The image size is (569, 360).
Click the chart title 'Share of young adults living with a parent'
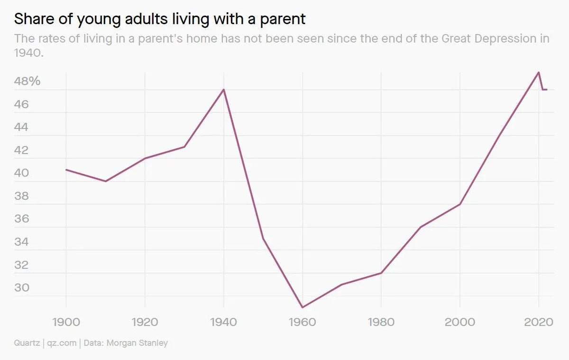160,19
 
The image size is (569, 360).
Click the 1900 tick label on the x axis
66,322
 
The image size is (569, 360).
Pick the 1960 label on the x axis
302,322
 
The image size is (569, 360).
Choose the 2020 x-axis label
539,322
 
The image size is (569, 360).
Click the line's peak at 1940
224,89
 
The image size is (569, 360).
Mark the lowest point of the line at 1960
302,307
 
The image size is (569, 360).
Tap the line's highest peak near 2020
539,72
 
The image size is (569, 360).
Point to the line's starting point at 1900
66,169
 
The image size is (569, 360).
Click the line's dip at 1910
105,181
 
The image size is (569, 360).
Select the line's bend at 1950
263,239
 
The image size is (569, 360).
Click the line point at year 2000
460,204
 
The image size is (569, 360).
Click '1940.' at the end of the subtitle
29,53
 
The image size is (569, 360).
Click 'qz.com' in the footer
62,343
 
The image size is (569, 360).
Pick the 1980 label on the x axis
381,322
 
